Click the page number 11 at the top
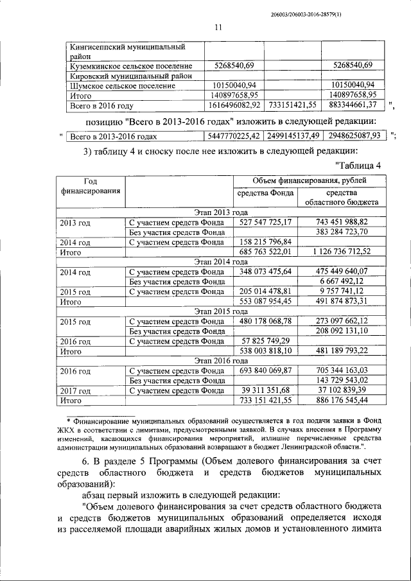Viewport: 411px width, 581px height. tap(217, 26)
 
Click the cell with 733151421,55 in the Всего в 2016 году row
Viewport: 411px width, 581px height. tap(292, 103)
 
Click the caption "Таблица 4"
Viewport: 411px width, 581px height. tap(358, 166)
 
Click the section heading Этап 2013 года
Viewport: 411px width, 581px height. tap(220, 212)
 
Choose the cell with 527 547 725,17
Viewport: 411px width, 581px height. tap(265, 222)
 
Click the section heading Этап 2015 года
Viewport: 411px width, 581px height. tap(220, 311)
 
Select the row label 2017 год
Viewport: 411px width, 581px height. tap(74, 391)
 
